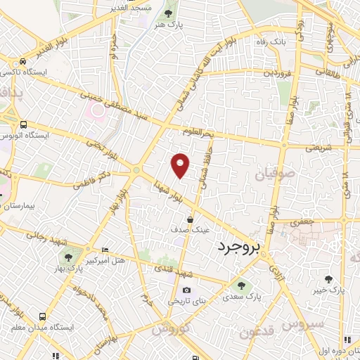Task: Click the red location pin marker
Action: pyautogui.click(x=181, y=165)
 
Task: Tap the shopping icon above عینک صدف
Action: pyautogui.click(x=190, y=220)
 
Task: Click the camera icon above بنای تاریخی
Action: pyautogui.click(x=186, y=290)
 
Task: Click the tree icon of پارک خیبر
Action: pyautogui.click(x=328, y=279)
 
